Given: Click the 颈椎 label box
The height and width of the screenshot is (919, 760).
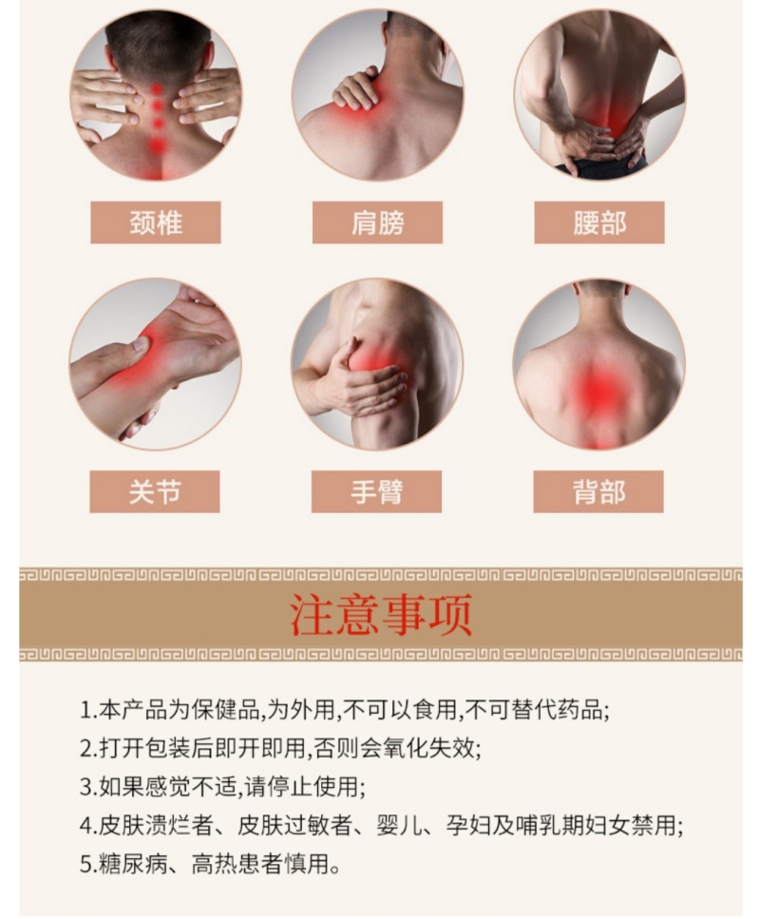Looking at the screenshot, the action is tap(155, 222).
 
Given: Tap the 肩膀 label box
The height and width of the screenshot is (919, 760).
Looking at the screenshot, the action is tap(377, 222).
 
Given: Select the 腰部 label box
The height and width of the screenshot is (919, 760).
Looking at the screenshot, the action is tap(598, 222).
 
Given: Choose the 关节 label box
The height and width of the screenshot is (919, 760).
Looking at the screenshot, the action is tap(155, 491).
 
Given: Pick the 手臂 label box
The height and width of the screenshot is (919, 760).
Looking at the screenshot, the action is tap(376, 491).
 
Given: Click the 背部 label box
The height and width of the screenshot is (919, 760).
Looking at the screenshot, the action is tap(598, 491).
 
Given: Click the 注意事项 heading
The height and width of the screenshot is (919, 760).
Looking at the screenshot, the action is tap(381, 615).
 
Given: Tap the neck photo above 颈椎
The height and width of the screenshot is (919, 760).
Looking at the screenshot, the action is tap(155, 95).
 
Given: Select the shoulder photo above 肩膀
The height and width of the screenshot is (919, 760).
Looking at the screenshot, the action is tap(377, 95).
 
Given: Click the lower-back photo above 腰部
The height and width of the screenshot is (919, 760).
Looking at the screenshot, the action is tap(598, 95).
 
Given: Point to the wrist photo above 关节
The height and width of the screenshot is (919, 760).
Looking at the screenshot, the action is tap(155, 364).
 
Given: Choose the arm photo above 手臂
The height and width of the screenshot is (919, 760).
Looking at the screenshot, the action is tap(377, 364).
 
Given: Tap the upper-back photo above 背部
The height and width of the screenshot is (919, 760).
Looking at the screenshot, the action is tap(598, 364).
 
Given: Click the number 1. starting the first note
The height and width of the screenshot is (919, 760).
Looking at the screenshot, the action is tap(87, 711).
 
